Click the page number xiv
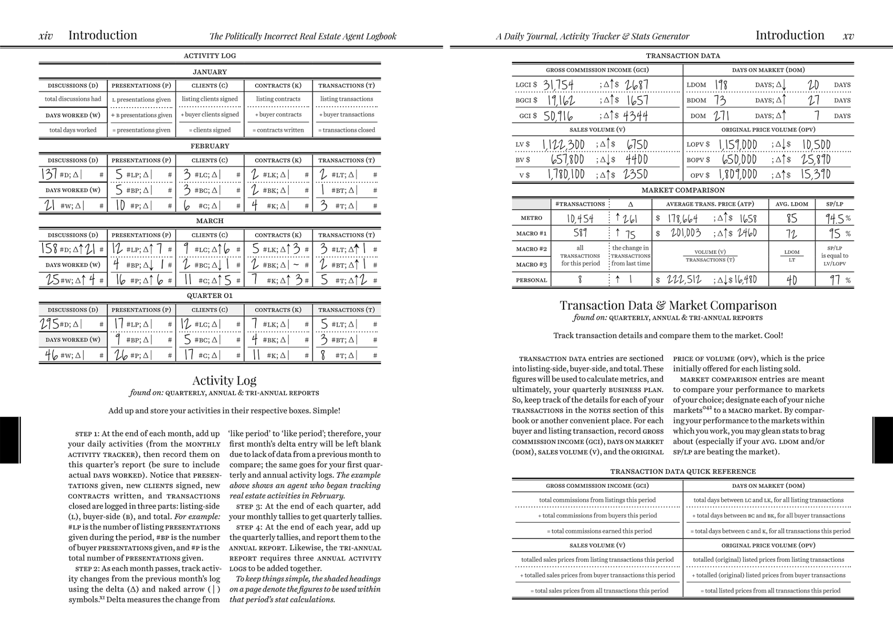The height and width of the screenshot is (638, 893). coord(46,36)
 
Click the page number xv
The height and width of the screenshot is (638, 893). coord(848,36)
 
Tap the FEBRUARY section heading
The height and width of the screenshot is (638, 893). coord(210,146)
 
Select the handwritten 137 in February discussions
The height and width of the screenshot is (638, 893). coord(49,175)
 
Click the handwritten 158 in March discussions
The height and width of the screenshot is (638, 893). coord(50,249)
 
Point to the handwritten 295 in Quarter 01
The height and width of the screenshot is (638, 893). coord(50,324)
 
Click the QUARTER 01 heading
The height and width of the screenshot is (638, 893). coord(210,296)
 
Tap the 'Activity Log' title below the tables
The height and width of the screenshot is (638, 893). coord(224,380)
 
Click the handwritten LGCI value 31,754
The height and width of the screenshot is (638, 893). coord(558,85)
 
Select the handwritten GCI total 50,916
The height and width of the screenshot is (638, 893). coord(558,116)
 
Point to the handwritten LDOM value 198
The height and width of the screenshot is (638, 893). coord(721,85)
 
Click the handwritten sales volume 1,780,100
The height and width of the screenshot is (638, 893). coord(566,175)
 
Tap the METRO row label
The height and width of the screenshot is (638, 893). coord(531,218)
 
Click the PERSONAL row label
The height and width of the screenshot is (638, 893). coord(531,280)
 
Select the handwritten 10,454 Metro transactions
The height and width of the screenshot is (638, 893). coord(580,218)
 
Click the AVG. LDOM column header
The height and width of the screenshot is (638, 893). coord(792,204)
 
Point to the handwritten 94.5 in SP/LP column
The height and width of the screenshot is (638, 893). coord(834,218)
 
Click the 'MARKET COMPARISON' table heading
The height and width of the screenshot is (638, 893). coord(683,190)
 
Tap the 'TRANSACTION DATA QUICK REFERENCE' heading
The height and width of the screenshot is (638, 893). coord(683,471)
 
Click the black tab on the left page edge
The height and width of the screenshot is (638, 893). coord(10,440)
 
